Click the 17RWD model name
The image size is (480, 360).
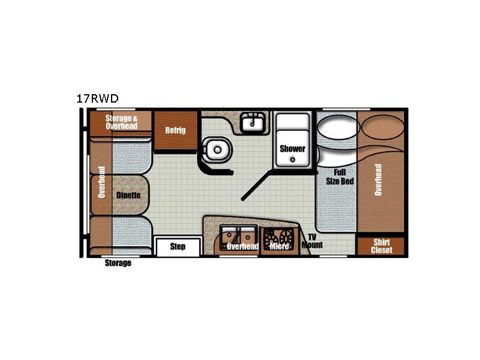pos(97,98)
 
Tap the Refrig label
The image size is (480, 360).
pos(175,130)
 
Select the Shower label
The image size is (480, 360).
pos(292,149)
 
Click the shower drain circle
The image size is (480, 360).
pos(293,160)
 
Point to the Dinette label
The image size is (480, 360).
pos(128,195)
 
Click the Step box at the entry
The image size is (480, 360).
pos(178,247)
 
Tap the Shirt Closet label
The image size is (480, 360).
pos(382,246)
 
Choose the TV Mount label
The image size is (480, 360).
pos(312,241)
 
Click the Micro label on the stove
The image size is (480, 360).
pos(279,246)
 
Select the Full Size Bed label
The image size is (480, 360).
pos(340,177)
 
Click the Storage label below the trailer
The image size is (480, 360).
pos(118,263)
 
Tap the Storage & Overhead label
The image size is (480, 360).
pos(122,122)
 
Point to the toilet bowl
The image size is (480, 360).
pos(217,150)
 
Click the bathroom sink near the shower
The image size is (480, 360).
pos(253,122)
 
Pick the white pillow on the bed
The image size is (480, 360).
pos(337,127)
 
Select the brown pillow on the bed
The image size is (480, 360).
pos(383,127)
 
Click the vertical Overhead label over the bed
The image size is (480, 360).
pos(378,179)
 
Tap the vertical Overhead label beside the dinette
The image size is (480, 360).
pos(101,182)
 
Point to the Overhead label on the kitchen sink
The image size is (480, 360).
pos(243,246)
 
